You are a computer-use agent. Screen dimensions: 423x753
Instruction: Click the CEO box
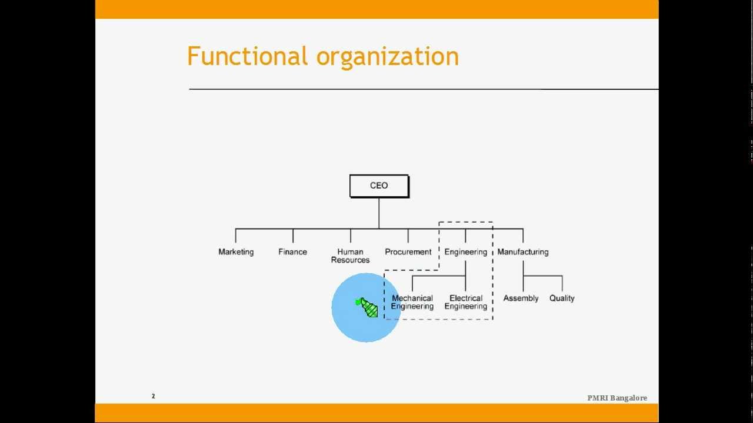tap(379, 186)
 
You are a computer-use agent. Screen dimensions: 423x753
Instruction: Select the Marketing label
tap(236, 252)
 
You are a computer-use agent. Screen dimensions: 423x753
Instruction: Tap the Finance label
tap(292, 252)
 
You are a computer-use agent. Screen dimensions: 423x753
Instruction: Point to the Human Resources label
tap(350, 256)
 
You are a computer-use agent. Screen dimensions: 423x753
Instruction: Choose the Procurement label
tap(408, 252)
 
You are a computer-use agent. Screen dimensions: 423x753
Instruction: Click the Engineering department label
tap(465, 252)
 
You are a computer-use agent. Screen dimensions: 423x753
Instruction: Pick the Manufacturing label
tap(522, 252)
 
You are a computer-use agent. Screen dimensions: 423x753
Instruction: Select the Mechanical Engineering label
tap(412, 302)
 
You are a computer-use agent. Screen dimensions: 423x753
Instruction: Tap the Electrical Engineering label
tap(465, 302)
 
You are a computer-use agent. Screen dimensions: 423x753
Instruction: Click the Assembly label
tap(521, 298)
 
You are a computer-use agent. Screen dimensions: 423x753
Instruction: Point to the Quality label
tap(562, 298)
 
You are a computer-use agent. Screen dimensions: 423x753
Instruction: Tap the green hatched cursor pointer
tap(368, 307)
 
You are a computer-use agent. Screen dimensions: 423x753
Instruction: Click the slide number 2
tap(154, 396)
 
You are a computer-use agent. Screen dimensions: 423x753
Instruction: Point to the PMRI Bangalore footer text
tap(617, 398)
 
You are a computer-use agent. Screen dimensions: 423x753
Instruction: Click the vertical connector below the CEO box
tap(379, 213)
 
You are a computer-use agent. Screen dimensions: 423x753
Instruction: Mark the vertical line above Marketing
tap(236, 236)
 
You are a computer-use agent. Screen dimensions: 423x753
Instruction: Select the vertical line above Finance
tap(293, 236)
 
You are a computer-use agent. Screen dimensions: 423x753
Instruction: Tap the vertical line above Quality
tap(562, 283)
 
